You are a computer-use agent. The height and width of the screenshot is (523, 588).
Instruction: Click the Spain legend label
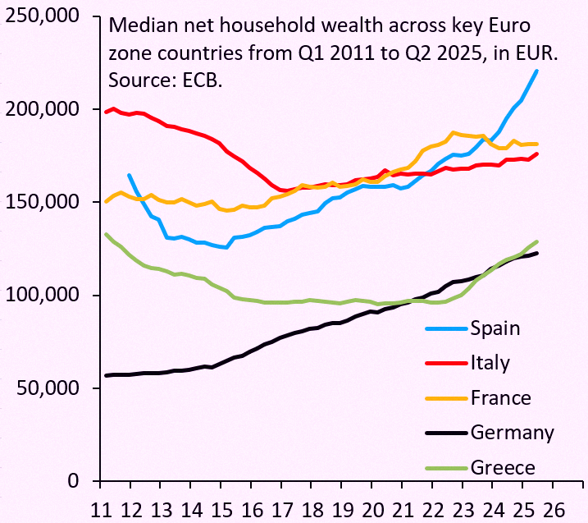coord(495,328)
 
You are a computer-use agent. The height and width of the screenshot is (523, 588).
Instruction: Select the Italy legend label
coord(490,363)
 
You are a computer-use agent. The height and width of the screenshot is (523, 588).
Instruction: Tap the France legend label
coord(500,398)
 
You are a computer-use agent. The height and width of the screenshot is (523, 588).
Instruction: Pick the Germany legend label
coord(513,433)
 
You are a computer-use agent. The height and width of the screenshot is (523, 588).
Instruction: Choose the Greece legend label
coord(503,468)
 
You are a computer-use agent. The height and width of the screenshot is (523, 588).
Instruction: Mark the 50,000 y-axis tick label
coord(48,388)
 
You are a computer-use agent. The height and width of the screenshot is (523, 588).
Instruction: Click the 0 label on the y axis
coord(74,481)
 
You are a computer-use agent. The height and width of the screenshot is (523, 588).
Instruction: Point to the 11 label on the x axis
coord(101,510)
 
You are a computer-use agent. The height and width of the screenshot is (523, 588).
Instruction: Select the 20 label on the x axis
coord(372,510)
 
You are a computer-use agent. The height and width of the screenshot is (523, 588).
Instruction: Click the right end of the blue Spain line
coord(536,71)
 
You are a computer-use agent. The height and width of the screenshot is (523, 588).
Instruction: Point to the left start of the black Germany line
coord(106,375)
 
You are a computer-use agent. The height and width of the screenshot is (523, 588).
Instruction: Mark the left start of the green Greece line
coord(106,234)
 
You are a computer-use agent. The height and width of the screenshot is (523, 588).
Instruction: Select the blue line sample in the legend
coord(447,328)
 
